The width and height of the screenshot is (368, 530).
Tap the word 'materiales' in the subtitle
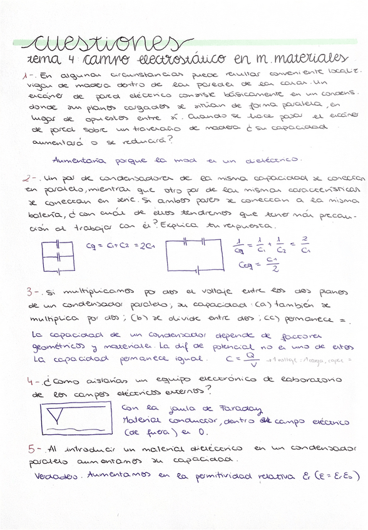pyautogui.click(x=306, y=59)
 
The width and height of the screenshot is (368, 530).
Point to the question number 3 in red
pyautogui.click(x=31, y=292)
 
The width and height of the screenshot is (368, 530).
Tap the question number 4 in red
pyautogui.click(x=32, y=381)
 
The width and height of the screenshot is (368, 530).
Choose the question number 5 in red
pyautogui.click(x=33, y=448)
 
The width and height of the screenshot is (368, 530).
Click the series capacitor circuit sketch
pyautogui.click(x=194, y=256)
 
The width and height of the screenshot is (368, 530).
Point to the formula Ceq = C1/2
pyautogui.click(x=258, y=265)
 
